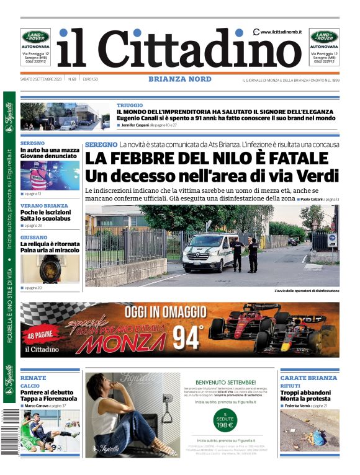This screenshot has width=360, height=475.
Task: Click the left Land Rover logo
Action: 35,37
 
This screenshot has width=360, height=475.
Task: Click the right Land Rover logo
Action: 324,37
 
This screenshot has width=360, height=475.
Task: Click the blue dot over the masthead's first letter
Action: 64,32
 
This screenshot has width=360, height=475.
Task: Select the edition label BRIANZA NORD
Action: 179,79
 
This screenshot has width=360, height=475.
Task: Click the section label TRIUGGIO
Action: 130,105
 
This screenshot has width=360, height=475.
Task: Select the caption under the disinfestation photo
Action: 306,291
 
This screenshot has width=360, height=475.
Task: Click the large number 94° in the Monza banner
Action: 186,337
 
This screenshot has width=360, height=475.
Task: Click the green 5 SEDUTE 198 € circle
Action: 225,420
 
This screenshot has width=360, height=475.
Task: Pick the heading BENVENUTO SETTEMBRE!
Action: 225,382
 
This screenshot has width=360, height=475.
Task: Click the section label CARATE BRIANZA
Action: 308,378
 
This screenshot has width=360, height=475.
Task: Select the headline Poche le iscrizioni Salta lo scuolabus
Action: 45,215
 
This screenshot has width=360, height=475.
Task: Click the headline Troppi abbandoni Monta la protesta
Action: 305,396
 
